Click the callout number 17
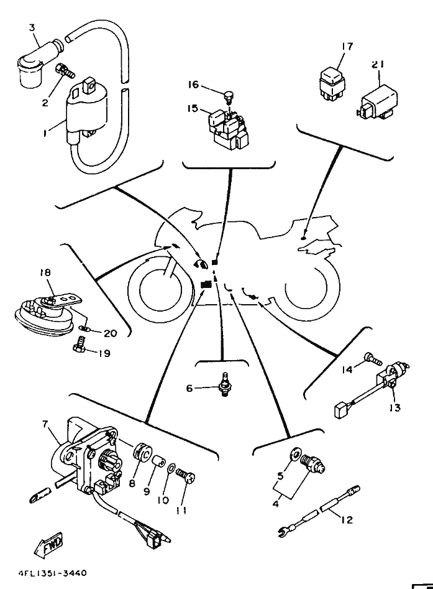coord(348,47)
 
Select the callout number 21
coord(378,64)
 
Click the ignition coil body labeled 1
coord(86,113)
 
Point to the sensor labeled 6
coord(225,384)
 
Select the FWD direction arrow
coord(49,544)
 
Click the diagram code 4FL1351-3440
coord(52,573)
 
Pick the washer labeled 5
coord(295,455)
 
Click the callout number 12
coord(347,520)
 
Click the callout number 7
coord(45,424)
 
